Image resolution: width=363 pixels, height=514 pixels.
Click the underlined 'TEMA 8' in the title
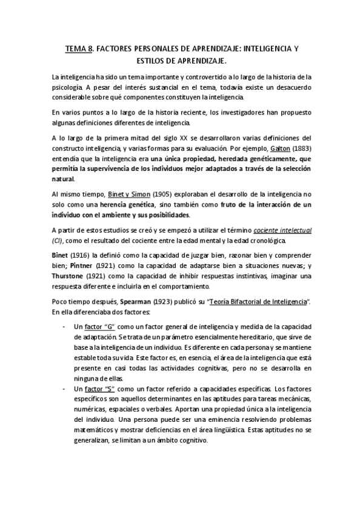click(x=78, y=47)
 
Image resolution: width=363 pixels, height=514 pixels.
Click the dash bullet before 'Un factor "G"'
click(x=64, y=327)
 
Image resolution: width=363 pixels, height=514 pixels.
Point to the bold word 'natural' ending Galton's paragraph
click(x=63, y=179)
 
